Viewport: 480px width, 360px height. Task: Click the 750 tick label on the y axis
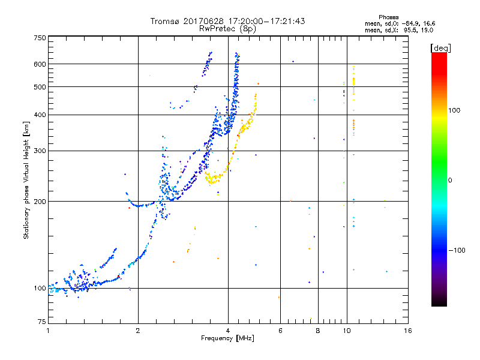point(40,37)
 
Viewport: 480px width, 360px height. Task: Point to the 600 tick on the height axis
point(40,64)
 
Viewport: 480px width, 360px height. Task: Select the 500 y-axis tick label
point(40,87)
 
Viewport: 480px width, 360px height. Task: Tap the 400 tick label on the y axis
point(40,115)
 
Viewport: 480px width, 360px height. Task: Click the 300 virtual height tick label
point(40,151)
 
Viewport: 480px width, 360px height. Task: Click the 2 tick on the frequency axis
point(138,331)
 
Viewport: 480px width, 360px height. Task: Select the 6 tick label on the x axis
point(280,331)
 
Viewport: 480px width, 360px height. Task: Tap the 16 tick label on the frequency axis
point(407,331)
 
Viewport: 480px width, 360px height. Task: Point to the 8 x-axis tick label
point(318,331)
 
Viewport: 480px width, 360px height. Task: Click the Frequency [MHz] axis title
point(228,339)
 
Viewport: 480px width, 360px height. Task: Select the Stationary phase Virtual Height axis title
point(26,180)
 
